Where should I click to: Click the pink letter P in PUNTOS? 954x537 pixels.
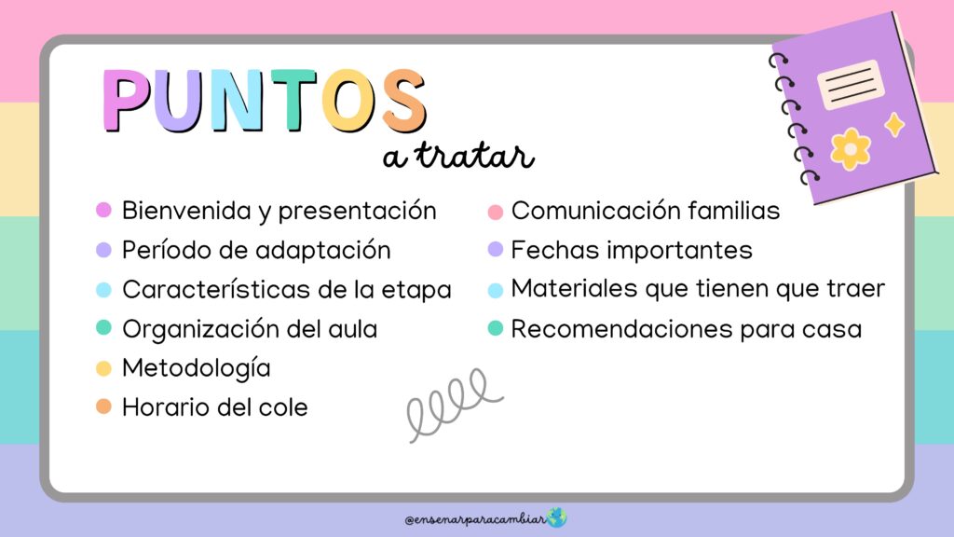pos(127,101)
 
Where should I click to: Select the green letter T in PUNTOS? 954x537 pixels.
pos(294,101)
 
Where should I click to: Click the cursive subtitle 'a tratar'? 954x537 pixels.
pos(458,156)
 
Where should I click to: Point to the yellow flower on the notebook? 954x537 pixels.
pos(851,148)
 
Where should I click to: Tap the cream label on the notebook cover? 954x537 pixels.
pos(851,85)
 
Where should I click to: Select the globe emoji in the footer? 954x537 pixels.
pos(557,517)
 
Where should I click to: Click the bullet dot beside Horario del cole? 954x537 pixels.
pos(104,406)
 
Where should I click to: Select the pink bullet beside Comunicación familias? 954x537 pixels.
pos(496,212)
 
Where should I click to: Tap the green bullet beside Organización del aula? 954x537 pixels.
pos(104,327)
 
